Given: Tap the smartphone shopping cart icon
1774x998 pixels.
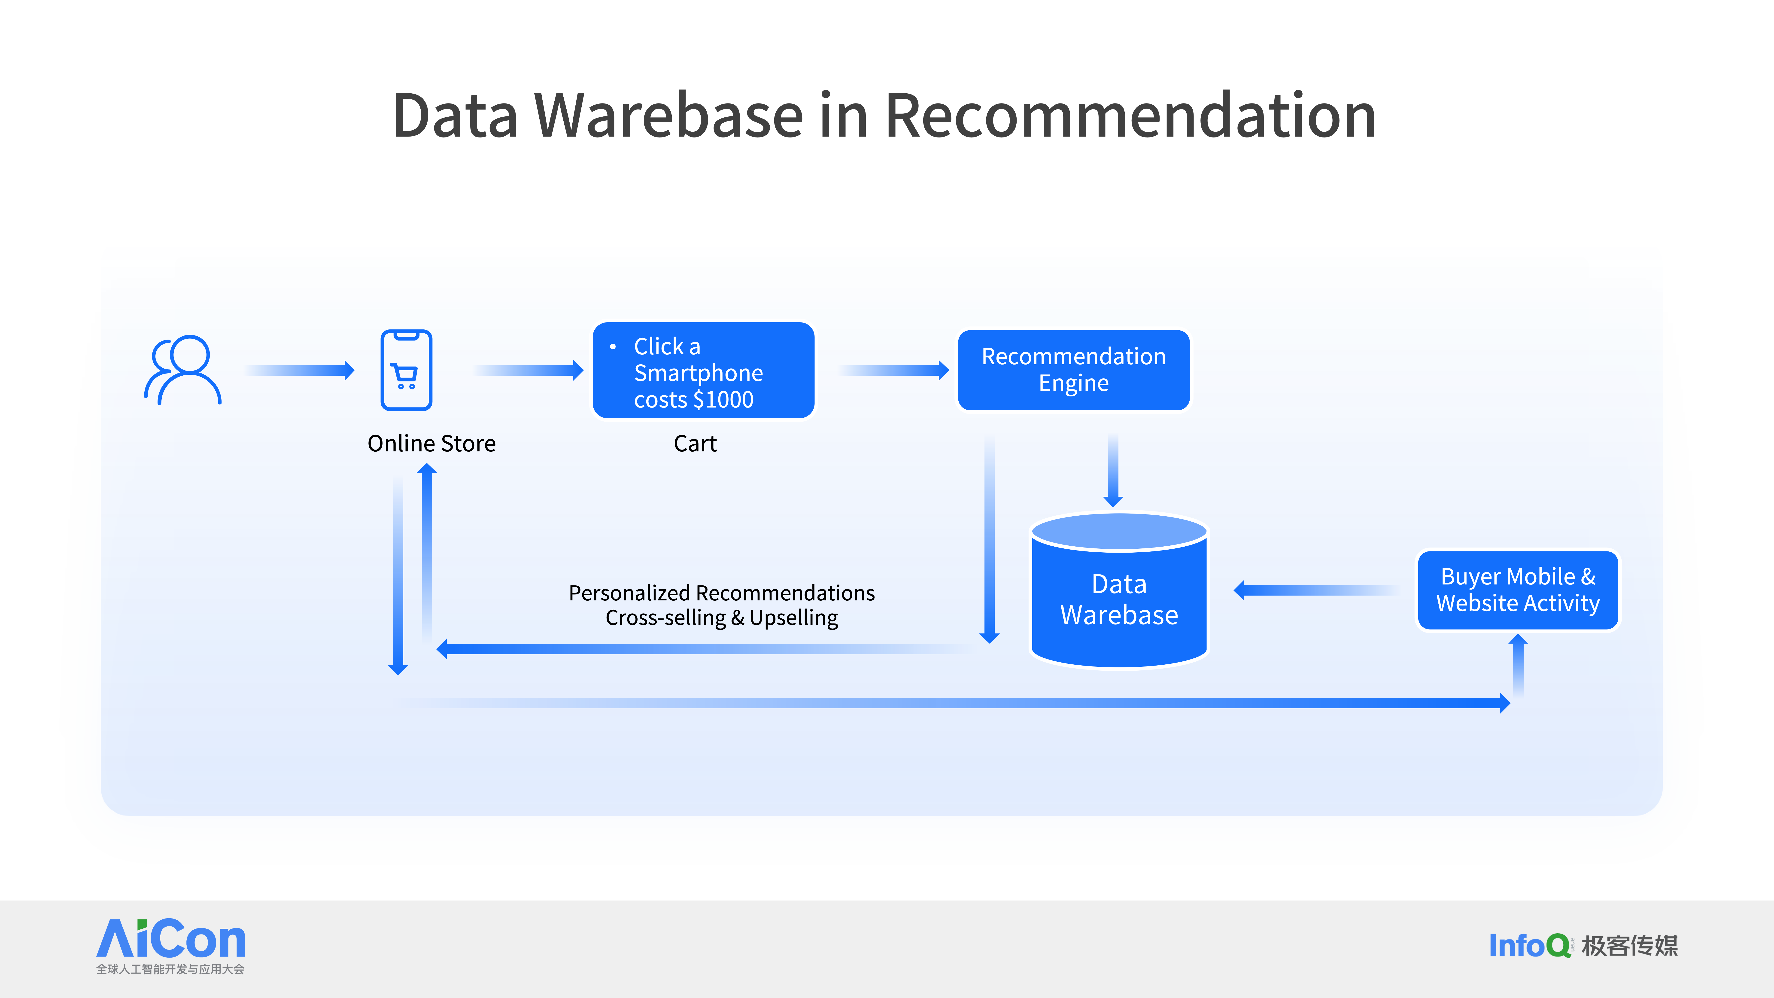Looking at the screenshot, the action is click(x=406, y=370).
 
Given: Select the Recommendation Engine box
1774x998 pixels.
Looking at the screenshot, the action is click(x=1074, y=370).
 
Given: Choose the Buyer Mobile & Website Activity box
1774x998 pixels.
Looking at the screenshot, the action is click(x=1518, y=590).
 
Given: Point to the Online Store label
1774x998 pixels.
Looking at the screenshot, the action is click(x=432, y=444).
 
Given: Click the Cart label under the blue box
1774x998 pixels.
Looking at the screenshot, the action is click(x=695, y=444).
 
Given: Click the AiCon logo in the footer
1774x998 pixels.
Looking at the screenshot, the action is click(x=171, y=946).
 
